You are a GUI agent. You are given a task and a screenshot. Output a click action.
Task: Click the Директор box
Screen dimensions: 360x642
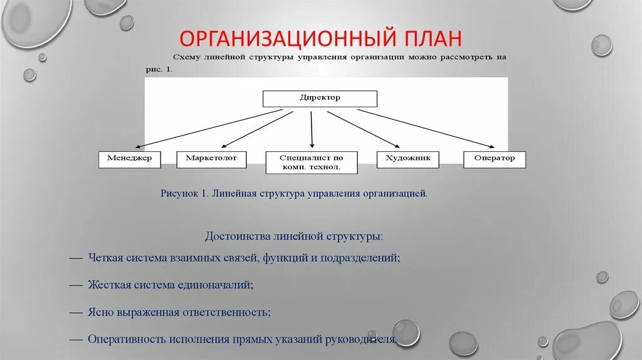tap(319, 98)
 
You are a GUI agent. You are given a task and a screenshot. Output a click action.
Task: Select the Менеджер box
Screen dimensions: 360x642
tap(130, 159)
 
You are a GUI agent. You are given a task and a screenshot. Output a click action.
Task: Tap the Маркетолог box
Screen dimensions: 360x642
tap(211, 159)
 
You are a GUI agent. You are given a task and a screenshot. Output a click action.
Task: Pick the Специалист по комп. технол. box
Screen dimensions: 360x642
tap(311, 162)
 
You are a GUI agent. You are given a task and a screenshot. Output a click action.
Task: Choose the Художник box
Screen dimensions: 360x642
tap(408, 159)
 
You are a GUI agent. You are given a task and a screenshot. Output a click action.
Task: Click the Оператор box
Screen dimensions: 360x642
tap(494, 159)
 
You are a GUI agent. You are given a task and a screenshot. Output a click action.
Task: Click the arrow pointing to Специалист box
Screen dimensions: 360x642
tap(312, 129)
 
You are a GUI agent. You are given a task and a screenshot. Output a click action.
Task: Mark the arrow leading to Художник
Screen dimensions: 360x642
tap(364, 129)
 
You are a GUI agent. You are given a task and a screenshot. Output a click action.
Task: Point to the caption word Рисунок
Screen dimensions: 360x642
tap(180, 194)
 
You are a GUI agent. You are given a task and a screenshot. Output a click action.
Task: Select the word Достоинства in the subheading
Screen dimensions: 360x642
tap(238, 237)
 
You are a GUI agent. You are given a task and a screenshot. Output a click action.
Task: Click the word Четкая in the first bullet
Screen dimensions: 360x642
tap(108, 258)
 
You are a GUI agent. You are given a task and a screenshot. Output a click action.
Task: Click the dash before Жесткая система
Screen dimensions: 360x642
tap(76, 285)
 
